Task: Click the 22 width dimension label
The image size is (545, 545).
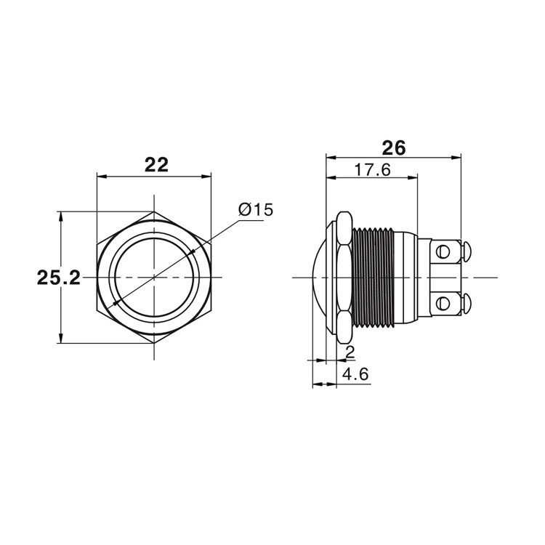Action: click(156, 165)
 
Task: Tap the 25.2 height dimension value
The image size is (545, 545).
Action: click(58, 278)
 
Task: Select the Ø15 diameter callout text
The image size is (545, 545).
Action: click(256, 209)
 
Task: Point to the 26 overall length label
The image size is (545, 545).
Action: click(394, 148)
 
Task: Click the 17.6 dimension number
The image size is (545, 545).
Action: click(373, 170)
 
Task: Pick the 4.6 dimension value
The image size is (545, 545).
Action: click(355, 374)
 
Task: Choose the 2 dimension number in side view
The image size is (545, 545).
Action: click(350, 352)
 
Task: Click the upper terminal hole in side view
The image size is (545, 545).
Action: click(443, 251)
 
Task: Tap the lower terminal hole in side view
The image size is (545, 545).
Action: click(443, 303)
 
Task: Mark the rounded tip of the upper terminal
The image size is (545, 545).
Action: click(467, 251)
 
